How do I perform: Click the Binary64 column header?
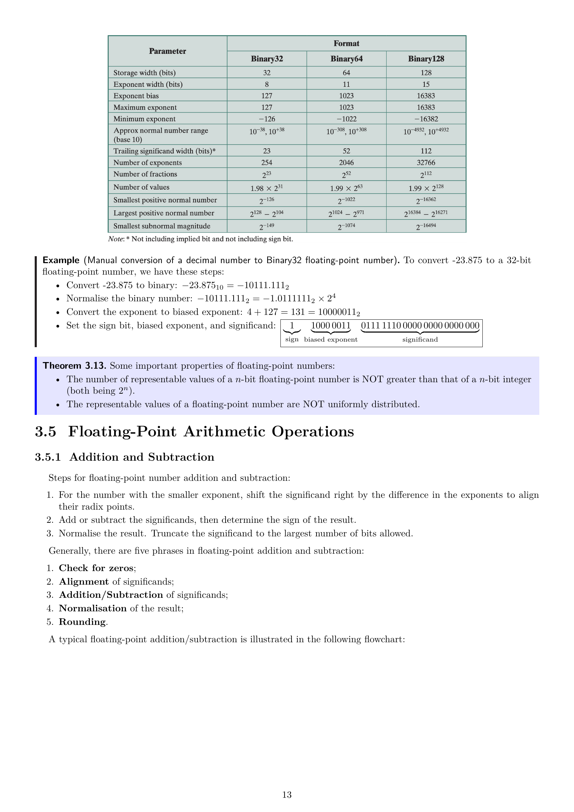coord(346,59)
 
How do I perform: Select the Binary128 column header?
coord(426,59)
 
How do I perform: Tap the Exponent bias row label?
coord(136,96)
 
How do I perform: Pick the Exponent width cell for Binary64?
coord(346,84)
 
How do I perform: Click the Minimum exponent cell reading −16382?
coord(426,119)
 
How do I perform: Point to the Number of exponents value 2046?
coord(346,162)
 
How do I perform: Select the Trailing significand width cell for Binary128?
coord(426,151)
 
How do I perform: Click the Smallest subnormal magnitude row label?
coord(162,226)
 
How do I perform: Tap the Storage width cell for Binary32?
coord(267,73)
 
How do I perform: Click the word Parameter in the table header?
coord(168,51)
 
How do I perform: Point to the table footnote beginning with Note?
coord(200,239)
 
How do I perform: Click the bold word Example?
coord(61,260)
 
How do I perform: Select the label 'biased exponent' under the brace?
coord(331,340)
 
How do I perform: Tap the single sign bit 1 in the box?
coord(292,325)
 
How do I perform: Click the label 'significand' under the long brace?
coord(420,340)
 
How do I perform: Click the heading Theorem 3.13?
coord(74,366)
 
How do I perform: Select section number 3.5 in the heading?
coord(45,432)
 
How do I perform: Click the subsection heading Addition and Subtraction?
coord(142,457)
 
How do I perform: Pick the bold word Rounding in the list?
coord(82,622)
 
